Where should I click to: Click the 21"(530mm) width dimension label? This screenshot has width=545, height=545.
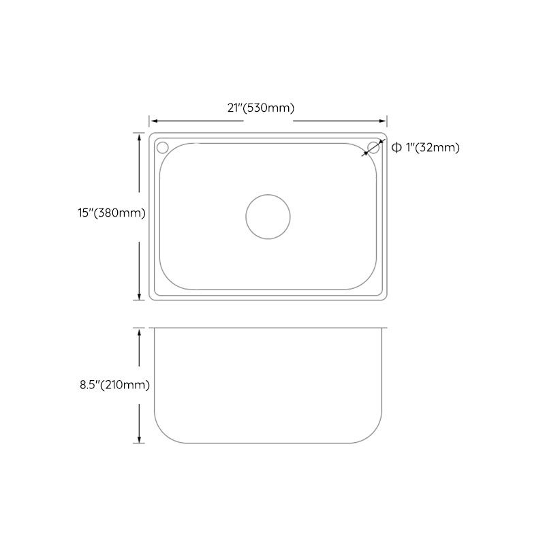point(268,108)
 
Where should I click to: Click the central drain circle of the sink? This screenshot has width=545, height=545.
point(268,216)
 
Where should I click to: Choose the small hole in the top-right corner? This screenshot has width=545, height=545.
point(373,147)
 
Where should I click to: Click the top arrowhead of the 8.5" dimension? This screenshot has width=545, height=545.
point(140,332)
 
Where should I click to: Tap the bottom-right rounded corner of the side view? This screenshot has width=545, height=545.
point(374,433)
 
